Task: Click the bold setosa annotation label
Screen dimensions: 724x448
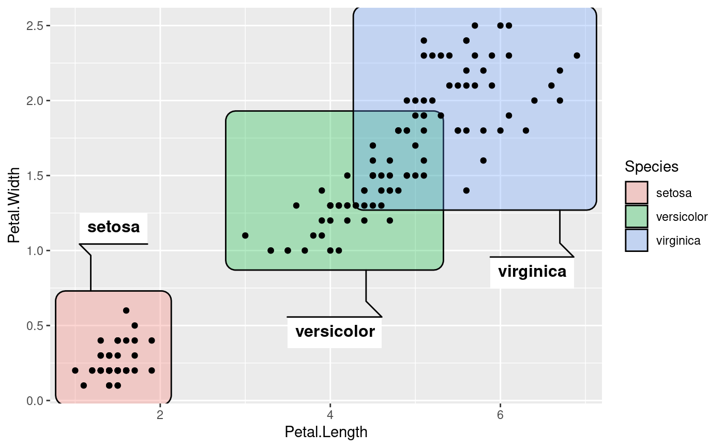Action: click(113, 227)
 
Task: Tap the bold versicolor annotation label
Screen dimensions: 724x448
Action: click(335, 332)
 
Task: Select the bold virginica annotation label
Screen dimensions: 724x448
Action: click(532, 272)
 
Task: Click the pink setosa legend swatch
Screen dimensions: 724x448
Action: click(637, 193)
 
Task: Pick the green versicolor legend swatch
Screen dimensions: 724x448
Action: click(637, 217)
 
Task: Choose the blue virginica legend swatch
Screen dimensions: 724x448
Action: click(637, 241)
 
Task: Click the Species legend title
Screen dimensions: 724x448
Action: click(651, 167)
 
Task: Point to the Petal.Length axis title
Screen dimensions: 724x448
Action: click(326, 432)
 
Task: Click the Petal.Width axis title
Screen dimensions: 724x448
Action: click(14, 205)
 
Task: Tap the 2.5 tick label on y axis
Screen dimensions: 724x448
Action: click(35, 25)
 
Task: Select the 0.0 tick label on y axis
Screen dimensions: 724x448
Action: click(35, 401)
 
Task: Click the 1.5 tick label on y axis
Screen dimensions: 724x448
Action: click(35, 175)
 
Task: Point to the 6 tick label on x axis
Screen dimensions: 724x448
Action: click(500, 415)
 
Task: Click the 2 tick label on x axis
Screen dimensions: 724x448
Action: click(160, 415)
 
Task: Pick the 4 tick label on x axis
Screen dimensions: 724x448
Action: click(330, 415)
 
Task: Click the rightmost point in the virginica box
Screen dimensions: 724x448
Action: click(577, 55)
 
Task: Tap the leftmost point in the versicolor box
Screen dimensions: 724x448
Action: click(245, 235)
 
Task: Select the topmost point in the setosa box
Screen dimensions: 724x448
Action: click(126, 310)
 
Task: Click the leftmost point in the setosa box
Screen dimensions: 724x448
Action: click(76, 370)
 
